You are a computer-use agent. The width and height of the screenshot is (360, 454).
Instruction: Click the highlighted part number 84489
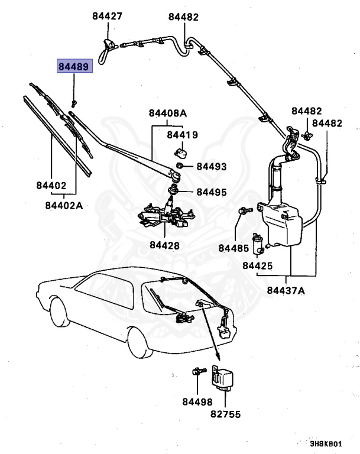tap(74, 66)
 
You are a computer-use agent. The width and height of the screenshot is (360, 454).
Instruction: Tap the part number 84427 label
tap(107, 17)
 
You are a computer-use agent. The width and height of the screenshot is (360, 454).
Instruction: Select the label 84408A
tap(167, 113)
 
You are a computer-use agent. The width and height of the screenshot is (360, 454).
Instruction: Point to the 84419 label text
tap(182, 135)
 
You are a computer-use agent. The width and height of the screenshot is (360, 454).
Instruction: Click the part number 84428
tap(164, 245)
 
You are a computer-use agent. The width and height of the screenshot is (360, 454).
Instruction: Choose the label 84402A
tap(64, 205)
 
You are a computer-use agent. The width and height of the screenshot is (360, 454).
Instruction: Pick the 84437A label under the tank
tap(286, 290)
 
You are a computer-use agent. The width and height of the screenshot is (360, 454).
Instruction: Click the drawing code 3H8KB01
tap(326, 443)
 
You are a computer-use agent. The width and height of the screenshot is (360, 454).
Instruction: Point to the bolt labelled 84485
tap(243, 210)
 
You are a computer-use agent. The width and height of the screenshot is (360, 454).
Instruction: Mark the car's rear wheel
tap(138, 343)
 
